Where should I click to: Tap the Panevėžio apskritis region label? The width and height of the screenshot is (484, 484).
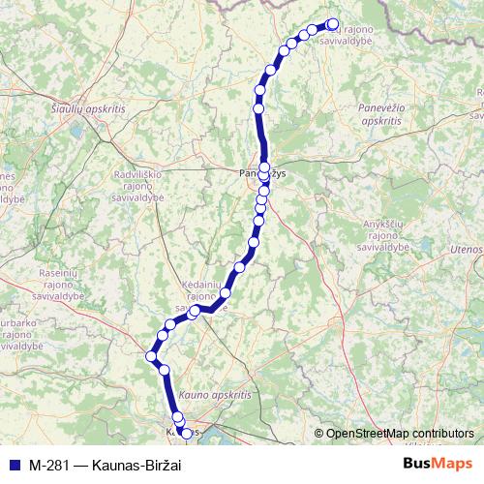[x=382, y=116]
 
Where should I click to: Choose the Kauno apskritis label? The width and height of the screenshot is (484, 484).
[x=214, y=396]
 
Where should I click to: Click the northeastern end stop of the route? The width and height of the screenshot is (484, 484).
[x=332, y=24]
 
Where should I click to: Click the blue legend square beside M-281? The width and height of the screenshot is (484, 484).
[x=14, y=464]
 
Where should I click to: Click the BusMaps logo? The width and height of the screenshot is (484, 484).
[x=437, y=464]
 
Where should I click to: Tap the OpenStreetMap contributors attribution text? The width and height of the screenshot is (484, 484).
[x=400, y=433]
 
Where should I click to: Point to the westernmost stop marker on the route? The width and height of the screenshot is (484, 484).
[x=151, y=357]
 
